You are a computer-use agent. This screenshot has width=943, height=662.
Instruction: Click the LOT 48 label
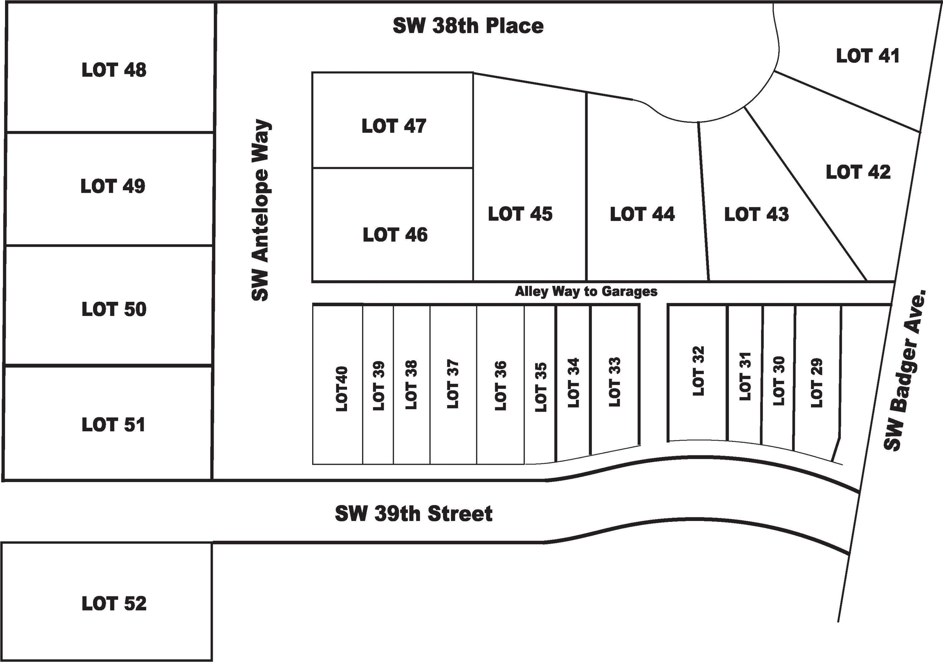114,70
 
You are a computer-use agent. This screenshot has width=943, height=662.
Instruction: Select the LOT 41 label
868,56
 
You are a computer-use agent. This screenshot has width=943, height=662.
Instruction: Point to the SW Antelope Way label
260,210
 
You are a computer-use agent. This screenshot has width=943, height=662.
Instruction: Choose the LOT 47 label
394,126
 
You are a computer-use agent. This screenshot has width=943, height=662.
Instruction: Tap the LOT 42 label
858,172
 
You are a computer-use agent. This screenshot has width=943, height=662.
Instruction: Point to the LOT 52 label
114,603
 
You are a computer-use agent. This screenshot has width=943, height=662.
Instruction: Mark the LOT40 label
341,389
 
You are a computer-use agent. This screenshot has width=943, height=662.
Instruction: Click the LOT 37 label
452,384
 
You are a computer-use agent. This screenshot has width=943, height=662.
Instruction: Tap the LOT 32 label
698,371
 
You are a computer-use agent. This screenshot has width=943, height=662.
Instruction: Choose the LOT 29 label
817,383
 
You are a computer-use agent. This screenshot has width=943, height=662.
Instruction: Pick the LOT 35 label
541,387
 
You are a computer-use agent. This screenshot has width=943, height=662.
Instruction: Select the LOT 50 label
114,309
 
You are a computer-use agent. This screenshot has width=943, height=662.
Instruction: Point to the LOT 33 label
615,382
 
